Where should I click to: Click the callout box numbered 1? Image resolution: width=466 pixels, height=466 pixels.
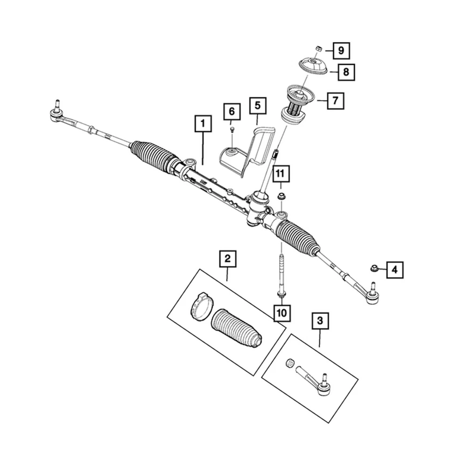click(203, 124)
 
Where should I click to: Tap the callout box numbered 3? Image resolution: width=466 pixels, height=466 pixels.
click(320, 321)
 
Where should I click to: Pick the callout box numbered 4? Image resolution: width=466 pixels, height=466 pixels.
click(394, 269)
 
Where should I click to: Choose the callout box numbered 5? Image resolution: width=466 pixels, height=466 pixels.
click(257, 106)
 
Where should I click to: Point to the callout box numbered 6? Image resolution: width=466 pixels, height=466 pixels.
click(232, 111)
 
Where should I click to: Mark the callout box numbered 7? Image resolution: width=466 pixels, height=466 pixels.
click(336, 100)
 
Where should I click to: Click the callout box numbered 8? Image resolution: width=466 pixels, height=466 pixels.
click(346, 72)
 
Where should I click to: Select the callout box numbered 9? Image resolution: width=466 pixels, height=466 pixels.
click(341, 50)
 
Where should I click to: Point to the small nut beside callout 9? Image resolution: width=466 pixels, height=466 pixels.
click(319, 48)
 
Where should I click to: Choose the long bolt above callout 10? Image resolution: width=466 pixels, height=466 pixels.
click(281, 275)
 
